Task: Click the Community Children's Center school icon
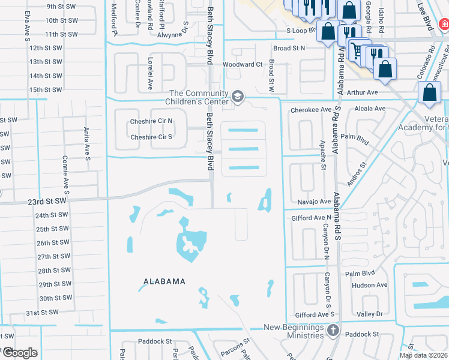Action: pos(238,97)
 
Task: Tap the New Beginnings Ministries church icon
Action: pos(334,329)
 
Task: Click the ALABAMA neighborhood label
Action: pos(164,281)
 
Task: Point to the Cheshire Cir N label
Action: pos(151,121)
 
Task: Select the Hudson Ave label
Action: pos(370,286)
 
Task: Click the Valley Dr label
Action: pos(369,314)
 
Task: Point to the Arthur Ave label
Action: pos(363,92)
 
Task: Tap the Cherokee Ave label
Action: pos(311,110)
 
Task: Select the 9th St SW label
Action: pos(62,7)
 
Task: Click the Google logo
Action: pos(20,353)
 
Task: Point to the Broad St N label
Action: pos(289,48)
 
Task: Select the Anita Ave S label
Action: pos(86,147)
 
